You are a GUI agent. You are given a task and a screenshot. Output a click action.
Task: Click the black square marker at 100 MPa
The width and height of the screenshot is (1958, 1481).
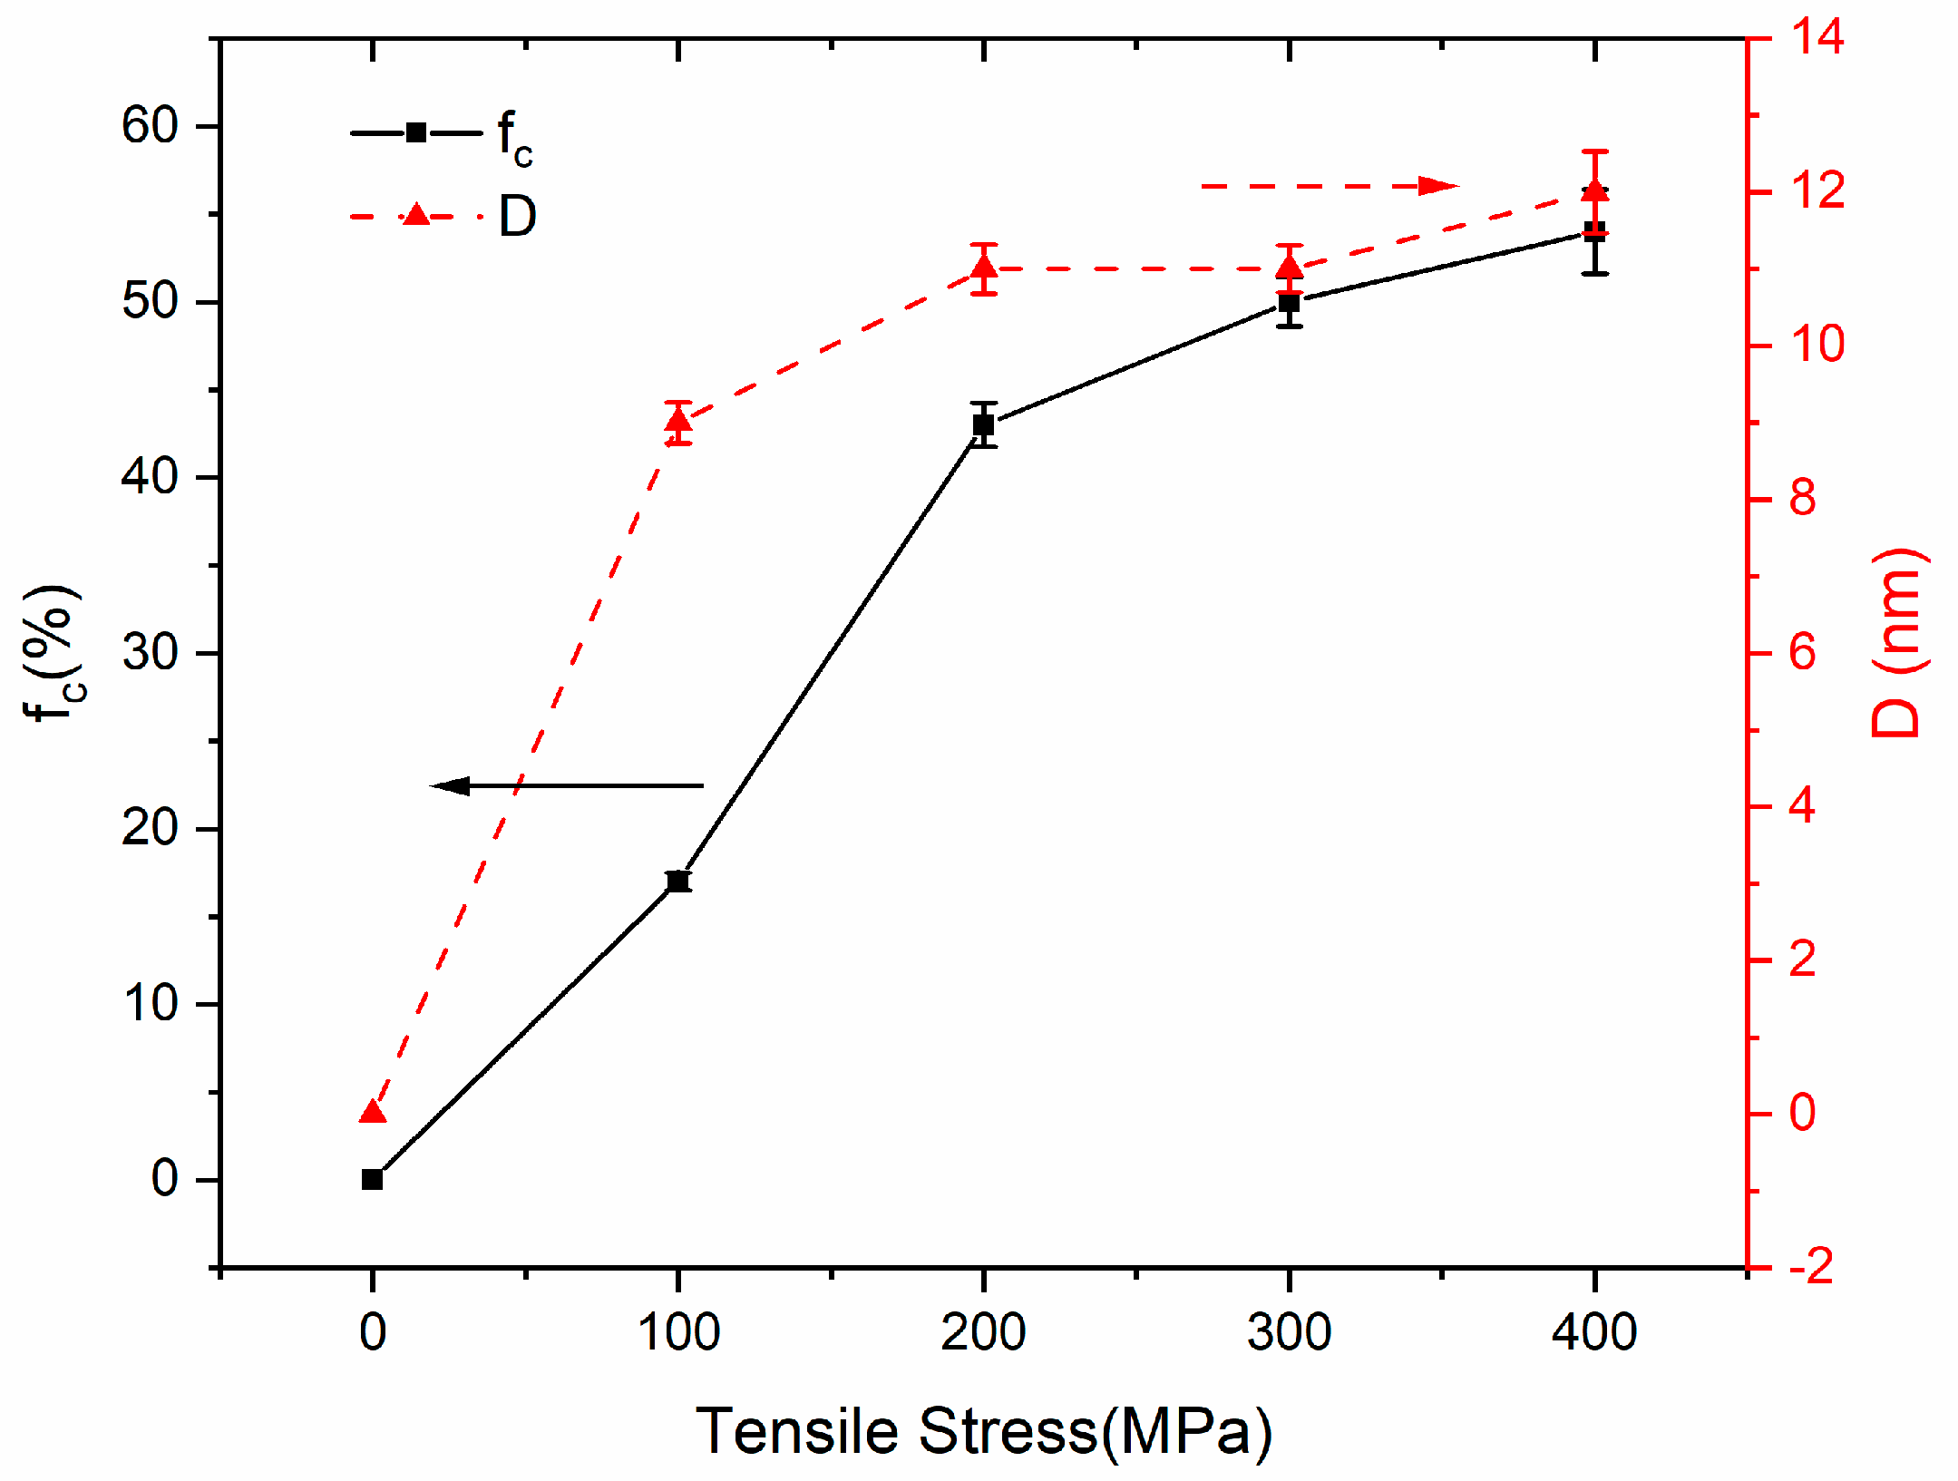(677, 881)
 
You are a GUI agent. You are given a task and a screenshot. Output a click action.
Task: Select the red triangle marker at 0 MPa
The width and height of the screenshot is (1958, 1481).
(373, 1112)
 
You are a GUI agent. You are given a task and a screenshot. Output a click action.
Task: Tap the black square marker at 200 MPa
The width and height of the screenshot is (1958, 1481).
(984, 424)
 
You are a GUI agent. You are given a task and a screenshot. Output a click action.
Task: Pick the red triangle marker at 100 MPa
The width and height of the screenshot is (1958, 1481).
(678, 421)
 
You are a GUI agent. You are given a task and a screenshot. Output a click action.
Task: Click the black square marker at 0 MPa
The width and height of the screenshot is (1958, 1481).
(372, 1179)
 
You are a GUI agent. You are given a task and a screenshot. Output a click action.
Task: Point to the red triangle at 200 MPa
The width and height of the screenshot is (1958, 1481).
(984, 268)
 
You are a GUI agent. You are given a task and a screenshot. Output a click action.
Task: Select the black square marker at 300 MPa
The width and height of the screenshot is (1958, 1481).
(1289, 303)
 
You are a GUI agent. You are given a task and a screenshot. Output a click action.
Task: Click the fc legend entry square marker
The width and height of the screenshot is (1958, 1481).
(416, 132)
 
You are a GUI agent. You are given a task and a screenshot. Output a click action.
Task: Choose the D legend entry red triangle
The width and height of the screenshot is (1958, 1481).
(416, 215)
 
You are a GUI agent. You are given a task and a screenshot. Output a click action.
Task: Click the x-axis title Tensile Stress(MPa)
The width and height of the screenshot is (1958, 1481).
(984, 1432)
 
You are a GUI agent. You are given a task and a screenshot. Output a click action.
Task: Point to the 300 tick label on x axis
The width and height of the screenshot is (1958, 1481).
(1289, 1332)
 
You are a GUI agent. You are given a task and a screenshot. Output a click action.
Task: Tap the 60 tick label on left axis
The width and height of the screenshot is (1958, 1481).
(150, 126)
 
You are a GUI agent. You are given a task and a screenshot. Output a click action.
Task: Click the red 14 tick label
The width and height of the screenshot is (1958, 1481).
(1817, 38)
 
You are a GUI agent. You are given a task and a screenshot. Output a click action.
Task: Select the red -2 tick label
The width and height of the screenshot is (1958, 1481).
(1810, 1266)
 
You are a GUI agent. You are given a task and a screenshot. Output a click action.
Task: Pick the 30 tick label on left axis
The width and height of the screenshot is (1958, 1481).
(150, 653)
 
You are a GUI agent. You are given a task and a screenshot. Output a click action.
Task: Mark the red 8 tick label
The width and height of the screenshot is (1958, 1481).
(1802, 500)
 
